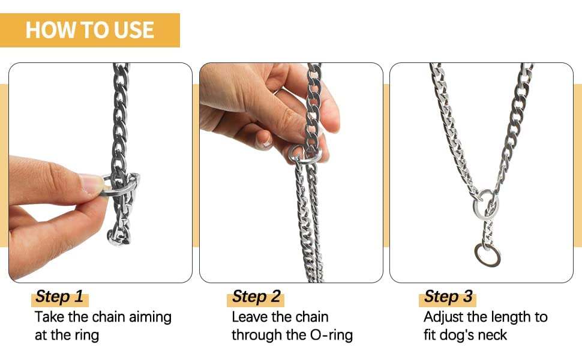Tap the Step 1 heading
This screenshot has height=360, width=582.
(59, 296)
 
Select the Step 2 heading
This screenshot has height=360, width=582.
(256, 296)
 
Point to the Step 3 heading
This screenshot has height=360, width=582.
(448, 296)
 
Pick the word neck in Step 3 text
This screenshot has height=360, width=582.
(492, 335)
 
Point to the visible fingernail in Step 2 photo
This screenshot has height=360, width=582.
(265, 140)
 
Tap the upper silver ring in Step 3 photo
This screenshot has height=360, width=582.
(476, 205)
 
